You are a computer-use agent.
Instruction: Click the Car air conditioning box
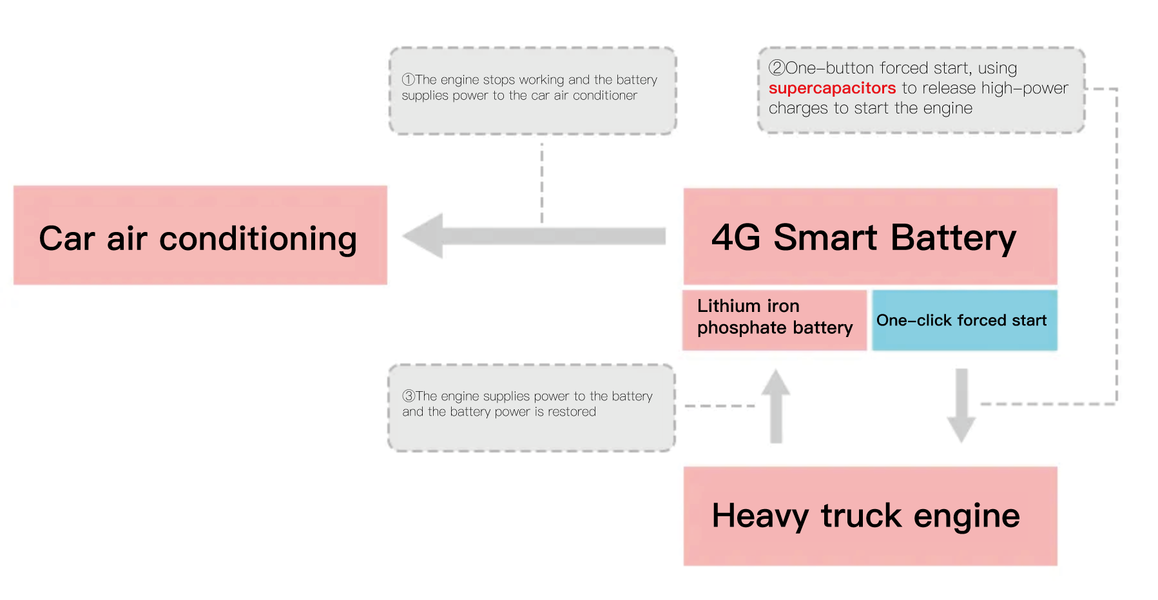200,235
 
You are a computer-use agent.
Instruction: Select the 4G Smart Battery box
870,237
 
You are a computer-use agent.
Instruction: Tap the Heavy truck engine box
870,516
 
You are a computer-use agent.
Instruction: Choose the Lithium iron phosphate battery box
775,320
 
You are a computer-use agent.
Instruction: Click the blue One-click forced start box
965,320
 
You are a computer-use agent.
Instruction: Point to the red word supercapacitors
832,88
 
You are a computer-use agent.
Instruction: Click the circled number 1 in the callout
408,79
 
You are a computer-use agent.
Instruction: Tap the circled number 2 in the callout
777,68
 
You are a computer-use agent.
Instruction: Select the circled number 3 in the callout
409,396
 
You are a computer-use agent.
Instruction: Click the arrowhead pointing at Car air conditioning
423,236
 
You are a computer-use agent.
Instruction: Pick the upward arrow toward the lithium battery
776,406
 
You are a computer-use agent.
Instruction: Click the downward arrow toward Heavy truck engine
961,406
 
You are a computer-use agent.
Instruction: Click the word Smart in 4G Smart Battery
825,237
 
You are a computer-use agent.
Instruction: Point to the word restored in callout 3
572,412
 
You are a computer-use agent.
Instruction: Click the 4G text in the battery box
736,237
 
